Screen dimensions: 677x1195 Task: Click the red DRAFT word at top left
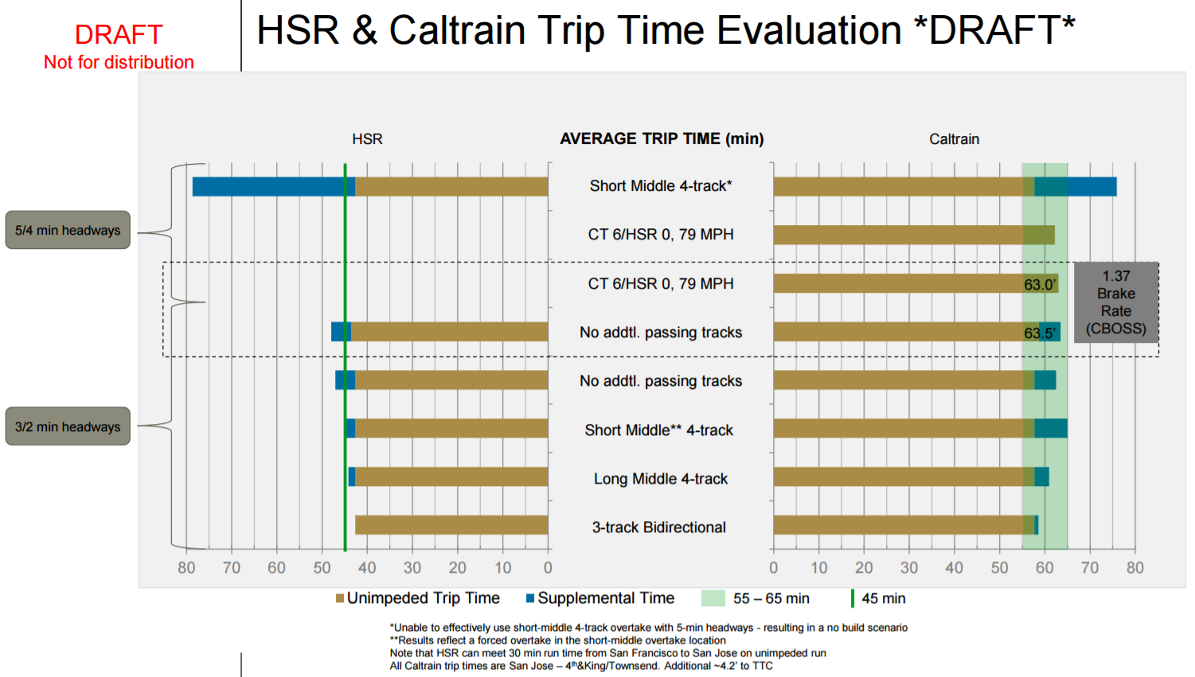[119, 34]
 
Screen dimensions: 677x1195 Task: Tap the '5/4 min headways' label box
[68, 230]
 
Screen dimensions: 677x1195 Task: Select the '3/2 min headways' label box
[68, 426]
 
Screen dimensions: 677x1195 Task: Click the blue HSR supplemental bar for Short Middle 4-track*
[273, 186]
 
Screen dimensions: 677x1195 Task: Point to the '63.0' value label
[1040, 284]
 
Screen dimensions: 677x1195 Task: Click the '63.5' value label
[1040, 333]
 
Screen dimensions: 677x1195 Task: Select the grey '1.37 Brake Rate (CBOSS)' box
[1115, 302]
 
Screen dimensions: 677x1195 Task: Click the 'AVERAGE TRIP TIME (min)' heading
[662, 138]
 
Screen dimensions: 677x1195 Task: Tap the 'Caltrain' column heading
[954, 139]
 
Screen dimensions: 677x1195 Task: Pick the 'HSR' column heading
[367, 139]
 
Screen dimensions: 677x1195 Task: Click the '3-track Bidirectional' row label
[658, 527]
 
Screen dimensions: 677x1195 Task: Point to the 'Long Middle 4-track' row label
[660, 479]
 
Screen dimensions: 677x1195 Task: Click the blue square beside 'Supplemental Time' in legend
[530, 598]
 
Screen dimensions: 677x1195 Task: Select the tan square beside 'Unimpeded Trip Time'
[340, 598]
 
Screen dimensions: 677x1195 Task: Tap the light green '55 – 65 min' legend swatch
[713, 598]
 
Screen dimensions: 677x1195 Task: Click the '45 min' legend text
[883, 598]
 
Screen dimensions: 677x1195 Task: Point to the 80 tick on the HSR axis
[186, 567]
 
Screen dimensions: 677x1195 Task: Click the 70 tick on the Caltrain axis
[1090, 567]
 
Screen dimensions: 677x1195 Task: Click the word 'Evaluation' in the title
[809, 30]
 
